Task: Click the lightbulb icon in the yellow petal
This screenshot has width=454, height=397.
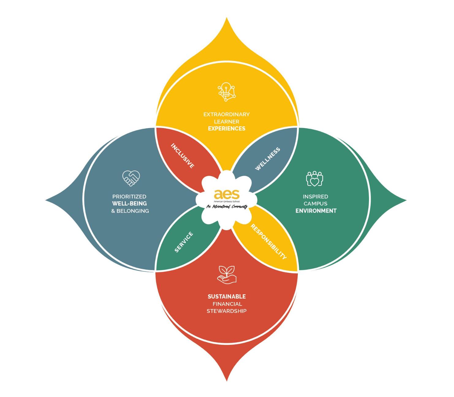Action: click(227, 91)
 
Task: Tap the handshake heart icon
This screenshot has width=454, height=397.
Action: click(131, 178)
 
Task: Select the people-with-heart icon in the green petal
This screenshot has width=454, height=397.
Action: click(315, 179)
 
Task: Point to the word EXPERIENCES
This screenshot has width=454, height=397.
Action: click(227, 129)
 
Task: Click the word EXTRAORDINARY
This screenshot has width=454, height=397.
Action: click(227, 114)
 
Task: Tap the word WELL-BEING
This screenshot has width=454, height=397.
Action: click(129, 204)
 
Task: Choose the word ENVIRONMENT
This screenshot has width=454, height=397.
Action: click(316, 211)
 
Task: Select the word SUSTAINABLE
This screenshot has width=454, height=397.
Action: click(227, 297)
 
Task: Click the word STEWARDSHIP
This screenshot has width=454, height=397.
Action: click(227, 311)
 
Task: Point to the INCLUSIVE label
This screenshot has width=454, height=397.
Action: click(183, 156)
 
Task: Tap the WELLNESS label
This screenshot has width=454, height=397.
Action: click(268, 159)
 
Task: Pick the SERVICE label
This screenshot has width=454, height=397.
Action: click(184, 242)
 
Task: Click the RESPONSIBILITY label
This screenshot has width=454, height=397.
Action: click(269, 242)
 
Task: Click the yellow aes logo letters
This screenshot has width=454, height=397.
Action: click(227, 194)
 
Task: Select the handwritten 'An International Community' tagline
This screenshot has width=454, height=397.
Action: click(227, 207)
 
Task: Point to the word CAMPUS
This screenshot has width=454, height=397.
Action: click(316, 203)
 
